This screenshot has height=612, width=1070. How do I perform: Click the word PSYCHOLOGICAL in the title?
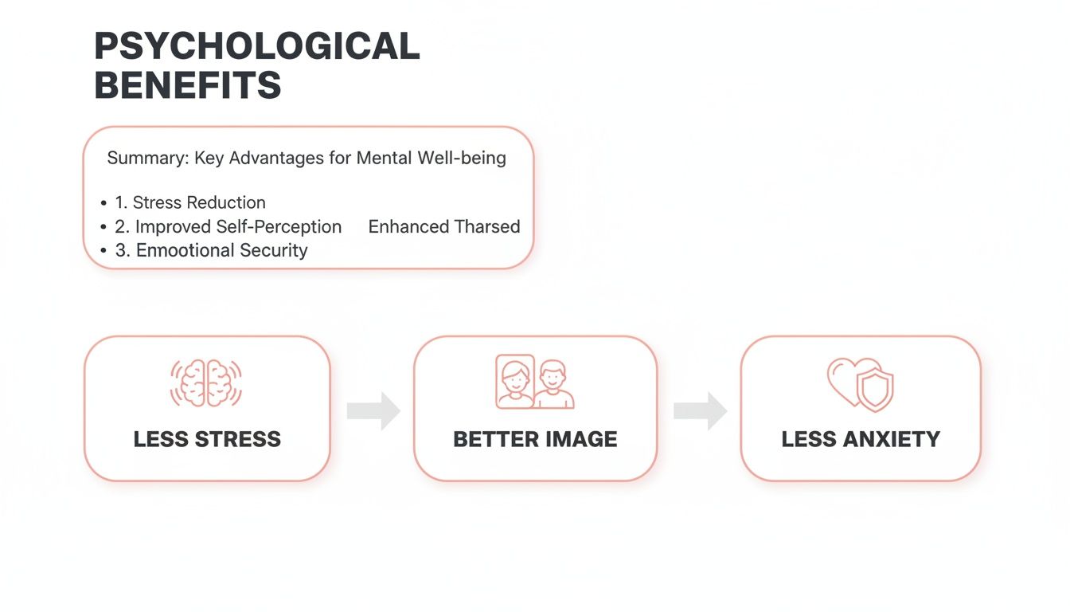pos(256,47)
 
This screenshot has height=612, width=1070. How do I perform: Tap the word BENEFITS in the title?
pos(188,85)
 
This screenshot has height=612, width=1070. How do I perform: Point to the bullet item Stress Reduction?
pos(199,202)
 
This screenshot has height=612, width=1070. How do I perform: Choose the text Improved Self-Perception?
pos(238,226)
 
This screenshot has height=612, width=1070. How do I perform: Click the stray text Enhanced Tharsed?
pos(444,226)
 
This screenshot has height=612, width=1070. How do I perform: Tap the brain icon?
pos(206,383)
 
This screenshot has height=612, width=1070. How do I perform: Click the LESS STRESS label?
pos(207,439)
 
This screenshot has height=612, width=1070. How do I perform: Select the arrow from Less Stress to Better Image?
pos(373,410)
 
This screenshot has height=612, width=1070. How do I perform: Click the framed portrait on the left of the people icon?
pos(515,382)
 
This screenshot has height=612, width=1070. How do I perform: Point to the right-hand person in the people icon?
pos(554,386)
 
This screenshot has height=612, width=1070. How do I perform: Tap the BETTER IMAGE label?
pos(535,439)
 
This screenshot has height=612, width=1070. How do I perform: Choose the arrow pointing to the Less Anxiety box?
pos(700,410)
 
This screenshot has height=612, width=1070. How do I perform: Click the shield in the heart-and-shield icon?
pos(874,390)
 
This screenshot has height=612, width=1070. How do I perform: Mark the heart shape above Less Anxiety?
pos(843,379)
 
